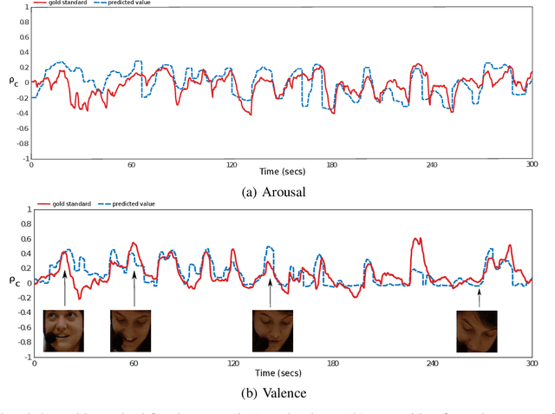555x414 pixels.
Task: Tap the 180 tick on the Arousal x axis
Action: tap(331, 164)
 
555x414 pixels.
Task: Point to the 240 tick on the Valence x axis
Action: tap(433, 364)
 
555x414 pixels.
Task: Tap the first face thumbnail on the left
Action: tap(64, 330)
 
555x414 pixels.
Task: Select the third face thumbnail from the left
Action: tap(271, 330)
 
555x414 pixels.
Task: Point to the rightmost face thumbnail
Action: tap(477, 330)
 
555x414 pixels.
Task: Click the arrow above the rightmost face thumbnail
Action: tap(479, 298)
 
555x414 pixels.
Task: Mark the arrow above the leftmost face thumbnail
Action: tap(64, 288)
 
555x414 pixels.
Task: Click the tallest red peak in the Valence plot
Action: tap(416, 239)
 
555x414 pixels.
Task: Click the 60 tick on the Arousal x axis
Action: tap(132, 164)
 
